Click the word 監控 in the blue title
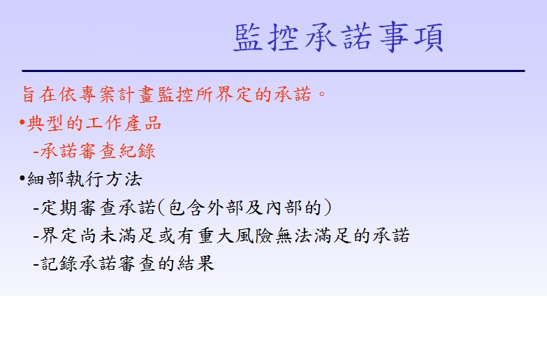click(266, 38)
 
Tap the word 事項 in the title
click(411, 37)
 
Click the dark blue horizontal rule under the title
click(274, 71)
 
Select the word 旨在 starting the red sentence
click(38, 94)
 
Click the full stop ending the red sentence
click(321, 94)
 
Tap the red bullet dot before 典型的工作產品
click(22, 122)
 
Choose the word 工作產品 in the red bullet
click(124, 123)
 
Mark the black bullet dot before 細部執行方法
click(22, 178)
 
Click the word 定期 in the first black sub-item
click(59, 208)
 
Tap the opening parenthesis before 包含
click(161, 208)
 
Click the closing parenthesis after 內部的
click(327, 208)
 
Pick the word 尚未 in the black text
click(99, 236)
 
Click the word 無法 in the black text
click(293, 236)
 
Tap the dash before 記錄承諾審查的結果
click(36, 264)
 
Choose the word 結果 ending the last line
click(196, 264)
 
